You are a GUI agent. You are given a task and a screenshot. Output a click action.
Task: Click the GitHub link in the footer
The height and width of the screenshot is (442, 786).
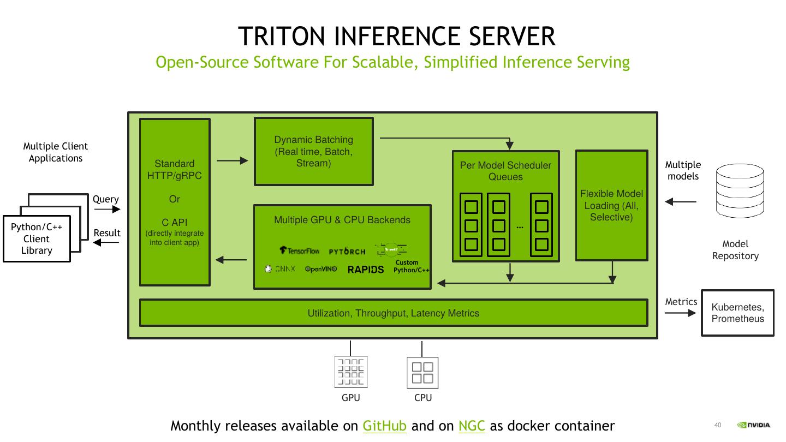click(x=384, y=426)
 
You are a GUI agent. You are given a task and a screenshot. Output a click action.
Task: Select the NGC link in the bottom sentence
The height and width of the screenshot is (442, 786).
click(x=472, y=426)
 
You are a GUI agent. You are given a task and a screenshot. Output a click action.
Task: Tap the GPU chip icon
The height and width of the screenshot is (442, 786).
click(x=350, y=372)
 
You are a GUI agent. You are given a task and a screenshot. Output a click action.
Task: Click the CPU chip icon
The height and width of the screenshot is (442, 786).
click(x=422, y=372)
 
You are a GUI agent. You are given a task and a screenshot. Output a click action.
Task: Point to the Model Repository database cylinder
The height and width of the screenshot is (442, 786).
click(x=740, y=191)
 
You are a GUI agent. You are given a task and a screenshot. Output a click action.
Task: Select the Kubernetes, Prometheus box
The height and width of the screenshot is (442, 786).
click(x=737, y=313)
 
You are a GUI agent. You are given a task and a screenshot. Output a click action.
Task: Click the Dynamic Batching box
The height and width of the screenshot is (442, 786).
click(x=314, y=151)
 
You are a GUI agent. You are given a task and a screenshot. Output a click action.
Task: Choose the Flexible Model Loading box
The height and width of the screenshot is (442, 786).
click(x=611, y=205)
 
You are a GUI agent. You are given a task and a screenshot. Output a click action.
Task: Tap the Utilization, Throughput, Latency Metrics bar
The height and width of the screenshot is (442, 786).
click(x=393, y=313)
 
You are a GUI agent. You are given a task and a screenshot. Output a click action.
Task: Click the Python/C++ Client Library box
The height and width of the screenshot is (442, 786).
click(x=37, y=239)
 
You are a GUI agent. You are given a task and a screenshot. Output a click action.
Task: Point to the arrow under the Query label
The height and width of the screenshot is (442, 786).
click(x=106, y=210)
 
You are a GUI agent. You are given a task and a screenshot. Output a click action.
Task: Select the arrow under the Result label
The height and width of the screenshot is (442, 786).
click(x=106, y=243)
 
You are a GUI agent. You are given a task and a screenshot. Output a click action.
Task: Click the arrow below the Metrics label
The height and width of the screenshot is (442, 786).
click(x=680, y=313)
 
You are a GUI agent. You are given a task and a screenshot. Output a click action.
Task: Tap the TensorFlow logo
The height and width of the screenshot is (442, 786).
click(x=300, y=251)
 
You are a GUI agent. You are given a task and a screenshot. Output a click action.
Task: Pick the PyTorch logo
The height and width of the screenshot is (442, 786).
click(x=347, y=252)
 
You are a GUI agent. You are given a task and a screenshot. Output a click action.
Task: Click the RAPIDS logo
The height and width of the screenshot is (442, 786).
click(x=366, y=269)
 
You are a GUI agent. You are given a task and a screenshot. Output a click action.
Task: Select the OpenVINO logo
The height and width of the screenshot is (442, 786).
click(x=321, y=269)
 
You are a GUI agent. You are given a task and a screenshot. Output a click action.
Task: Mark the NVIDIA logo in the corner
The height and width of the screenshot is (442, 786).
click(x=754, y=425)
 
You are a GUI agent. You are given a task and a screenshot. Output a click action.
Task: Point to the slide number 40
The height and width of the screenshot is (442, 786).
click(x=718, y=425)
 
